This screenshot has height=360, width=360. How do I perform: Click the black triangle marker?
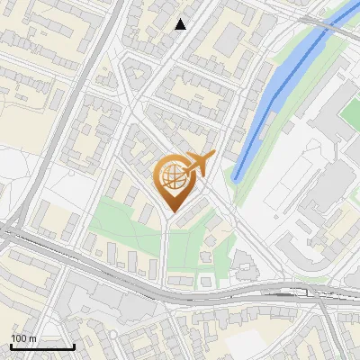181,24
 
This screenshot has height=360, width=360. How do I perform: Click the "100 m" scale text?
23,338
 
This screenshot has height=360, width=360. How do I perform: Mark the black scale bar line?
42,346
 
